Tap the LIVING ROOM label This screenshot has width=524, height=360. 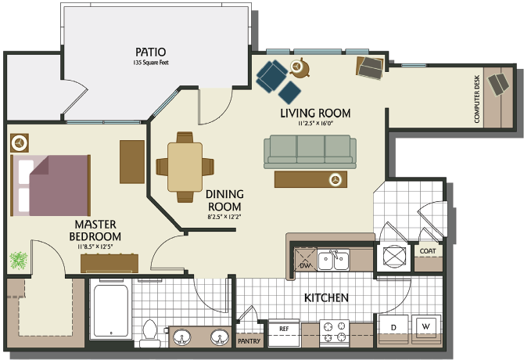(315, 113)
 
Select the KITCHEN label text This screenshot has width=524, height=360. (326, 298)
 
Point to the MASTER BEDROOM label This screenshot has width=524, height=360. (95, 230)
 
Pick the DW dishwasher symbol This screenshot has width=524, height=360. (304, 262)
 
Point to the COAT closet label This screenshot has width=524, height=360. (427, 251)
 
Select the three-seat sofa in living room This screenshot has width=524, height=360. (310, 150)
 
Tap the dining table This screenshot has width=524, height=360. (185, 166)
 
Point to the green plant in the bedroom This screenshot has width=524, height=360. (19, 260)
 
